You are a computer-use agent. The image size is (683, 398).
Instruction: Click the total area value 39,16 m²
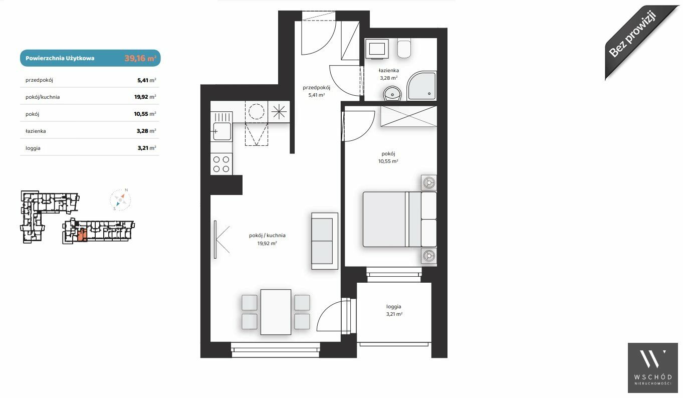click(x=140, y=58)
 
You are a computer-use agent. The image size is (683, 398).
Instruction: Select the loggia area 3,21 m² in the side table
click(x=147, y=148)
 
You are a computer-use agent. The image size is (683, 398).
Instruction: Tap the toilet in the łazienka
click(x=404, y=48)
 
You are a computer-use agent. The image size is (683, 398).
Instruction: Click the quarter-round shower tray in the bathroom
click(x=422, y=86)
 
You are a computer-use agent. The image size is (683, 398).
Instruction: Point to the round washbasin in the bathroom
click(x=393, y=93)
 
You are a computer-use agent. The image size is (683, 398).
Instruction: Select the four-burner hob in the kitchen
click(x=221, y=164)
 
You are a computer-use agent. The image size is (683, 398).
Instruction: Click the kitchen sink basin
click(x=222, y=131)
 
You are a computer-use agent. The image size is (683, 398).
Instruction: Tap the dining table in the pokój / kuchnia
click(x=276, y=312)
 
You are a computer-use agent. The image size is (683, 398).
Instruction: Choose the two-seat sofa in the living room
click(x=325, y=241)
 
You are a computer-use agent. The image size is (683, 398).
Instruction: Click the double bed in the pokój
click(x=399, y=219)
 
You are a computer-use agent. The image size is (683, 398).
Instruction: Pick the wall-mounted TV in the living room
click(x=215, y=240)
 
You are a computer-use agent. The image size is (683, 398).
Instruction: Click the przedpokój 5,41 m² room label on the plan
click(x=317, y=91)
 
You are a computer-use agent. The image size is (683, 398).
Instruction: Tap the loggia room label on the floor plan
click(x=394, y=306)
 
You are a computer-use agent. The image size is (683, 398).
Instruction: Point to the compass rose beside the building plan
click(x=120, y=200)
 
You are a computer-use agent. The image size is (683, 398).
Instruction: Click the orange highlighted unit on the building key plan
click(x=82, y=235)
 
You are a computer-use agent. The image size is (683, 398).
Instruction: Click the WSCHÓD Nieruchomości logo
click(x=653, y=368)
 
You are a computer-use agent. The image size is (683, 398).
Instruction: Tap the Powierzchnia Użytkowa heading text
click(x=60, y=58)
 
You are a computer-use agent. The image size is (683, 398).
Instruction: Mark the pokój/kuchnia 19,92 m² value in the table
click(x=145, y=97)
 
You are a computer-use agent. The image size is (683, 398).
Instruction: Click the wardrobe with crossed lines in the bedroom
click(x=408, y=116)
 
